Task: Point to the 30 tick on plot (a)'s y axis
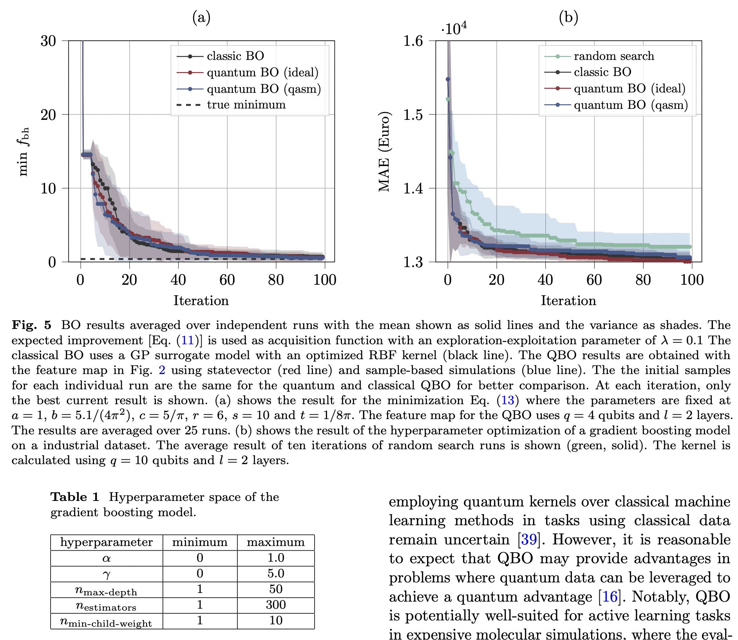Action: tap(49, 41)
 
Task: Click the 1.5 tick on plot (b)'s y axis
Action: tap(414, 114)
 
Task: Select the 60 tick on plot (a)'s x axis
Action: tap(227, 280)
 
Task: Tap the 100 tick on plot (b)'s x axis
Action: tap(692, 280)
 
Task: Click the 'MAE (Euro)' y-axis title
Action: tap(384, 152)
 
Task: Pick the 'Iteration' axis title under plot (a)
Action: tap(201, 301)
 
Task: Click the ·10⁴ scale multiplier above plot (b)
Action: tap(454, 29)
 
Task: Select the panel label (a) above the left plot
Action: tap(201, 18)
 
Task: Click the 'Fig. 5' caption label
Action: tap(31, 325)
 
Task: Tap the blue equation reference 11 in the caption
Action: tap(188, 340)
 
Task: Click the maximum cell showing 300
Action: tap(275, 605)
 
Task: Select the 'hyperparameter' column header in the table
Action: tap(106, 542)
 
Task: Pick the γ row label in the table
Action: tap(106, 574)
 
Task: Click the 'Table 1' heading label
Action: tap(75, 497)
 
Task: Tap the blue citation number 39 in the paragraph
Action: tap(528, 540)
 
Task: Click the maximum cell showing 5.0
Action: tap(275, 573)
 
